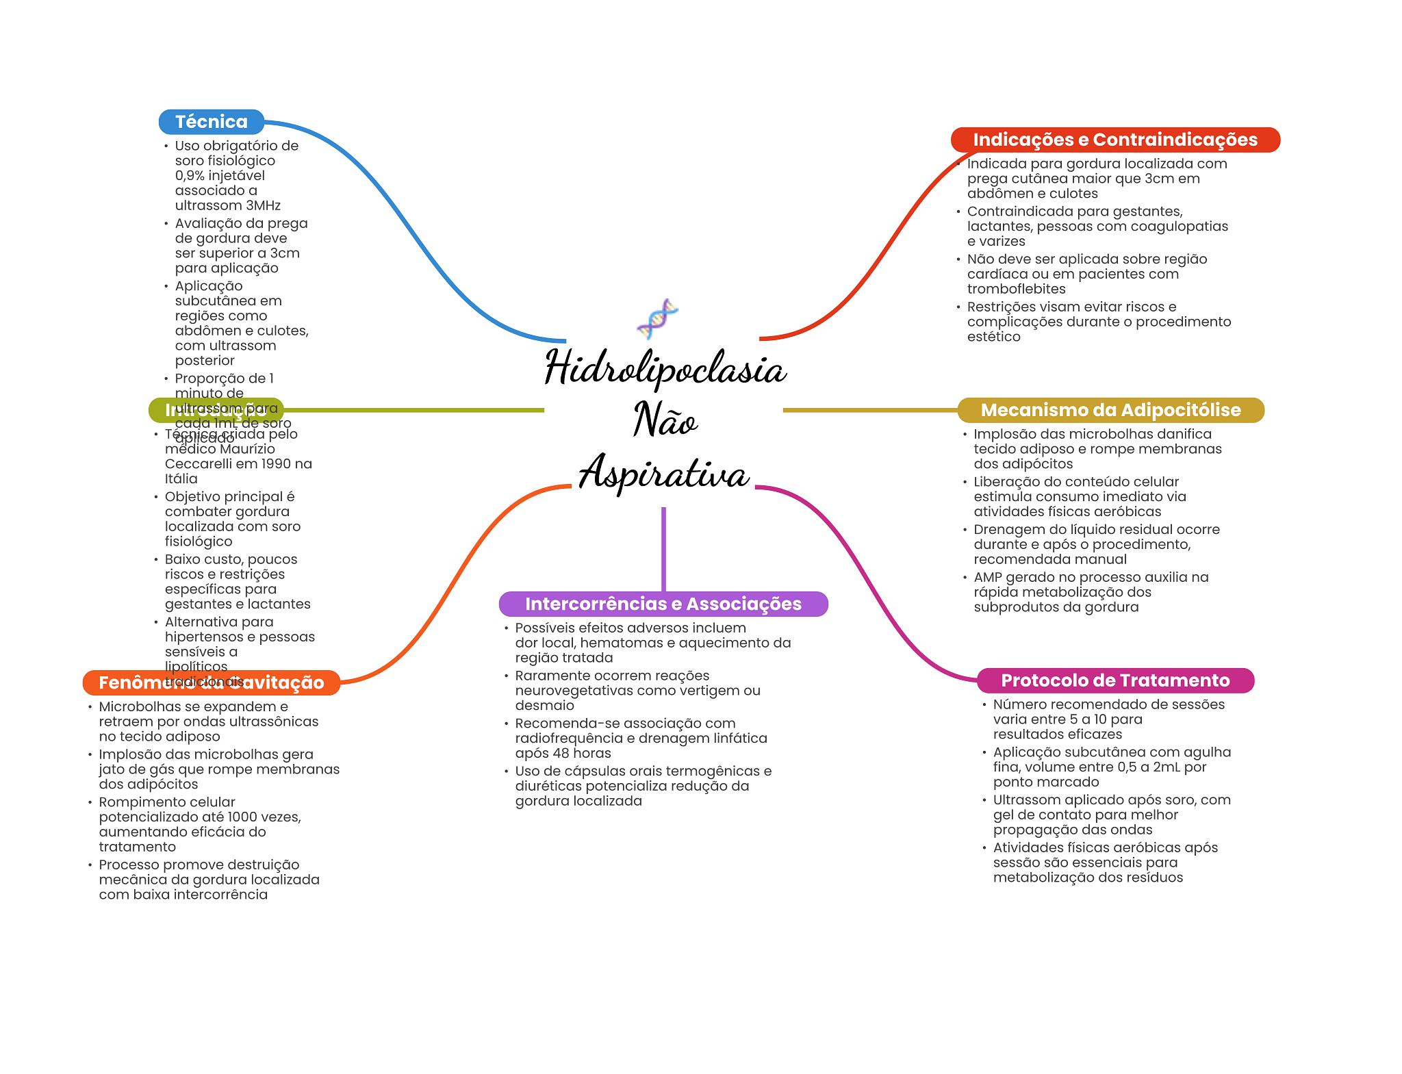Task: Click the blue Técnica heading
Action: tap(211, 122)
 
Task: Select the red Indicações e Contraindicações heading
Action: tap(1114, 140)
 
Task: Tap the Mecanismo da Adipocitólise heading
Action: tap(1110, 410)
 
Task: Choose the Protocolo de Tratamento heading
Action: tap(1114, 680)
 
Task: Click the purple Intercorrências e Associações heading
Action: tap(663, 604)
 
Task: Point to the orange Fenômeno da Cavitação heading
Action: tap(211, 682)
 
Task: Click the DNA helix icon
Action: tap(657, 318)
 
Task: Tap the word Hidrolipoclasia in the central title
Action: tap(665, 368)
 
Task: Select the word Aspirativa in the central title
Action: tap(663, 473)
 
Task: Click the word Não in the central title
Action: tap(665, 420)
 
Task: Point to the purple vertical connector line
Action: tap(663, 548)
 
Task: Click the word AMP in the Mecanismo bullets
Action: tap(987, 577)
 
